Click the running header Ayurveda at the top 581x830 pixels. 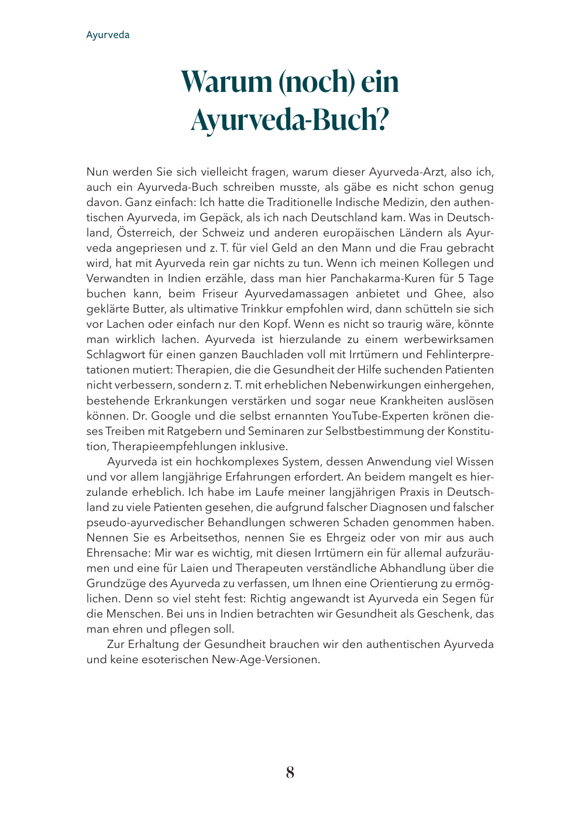point(108,35)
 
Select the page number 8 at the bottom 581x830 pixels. point(290,773)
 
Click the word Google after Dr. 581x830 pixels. point(171,416)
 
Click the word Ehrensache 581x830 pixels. point(118,553)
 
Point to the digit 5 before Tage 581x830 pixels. point(461,279)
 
